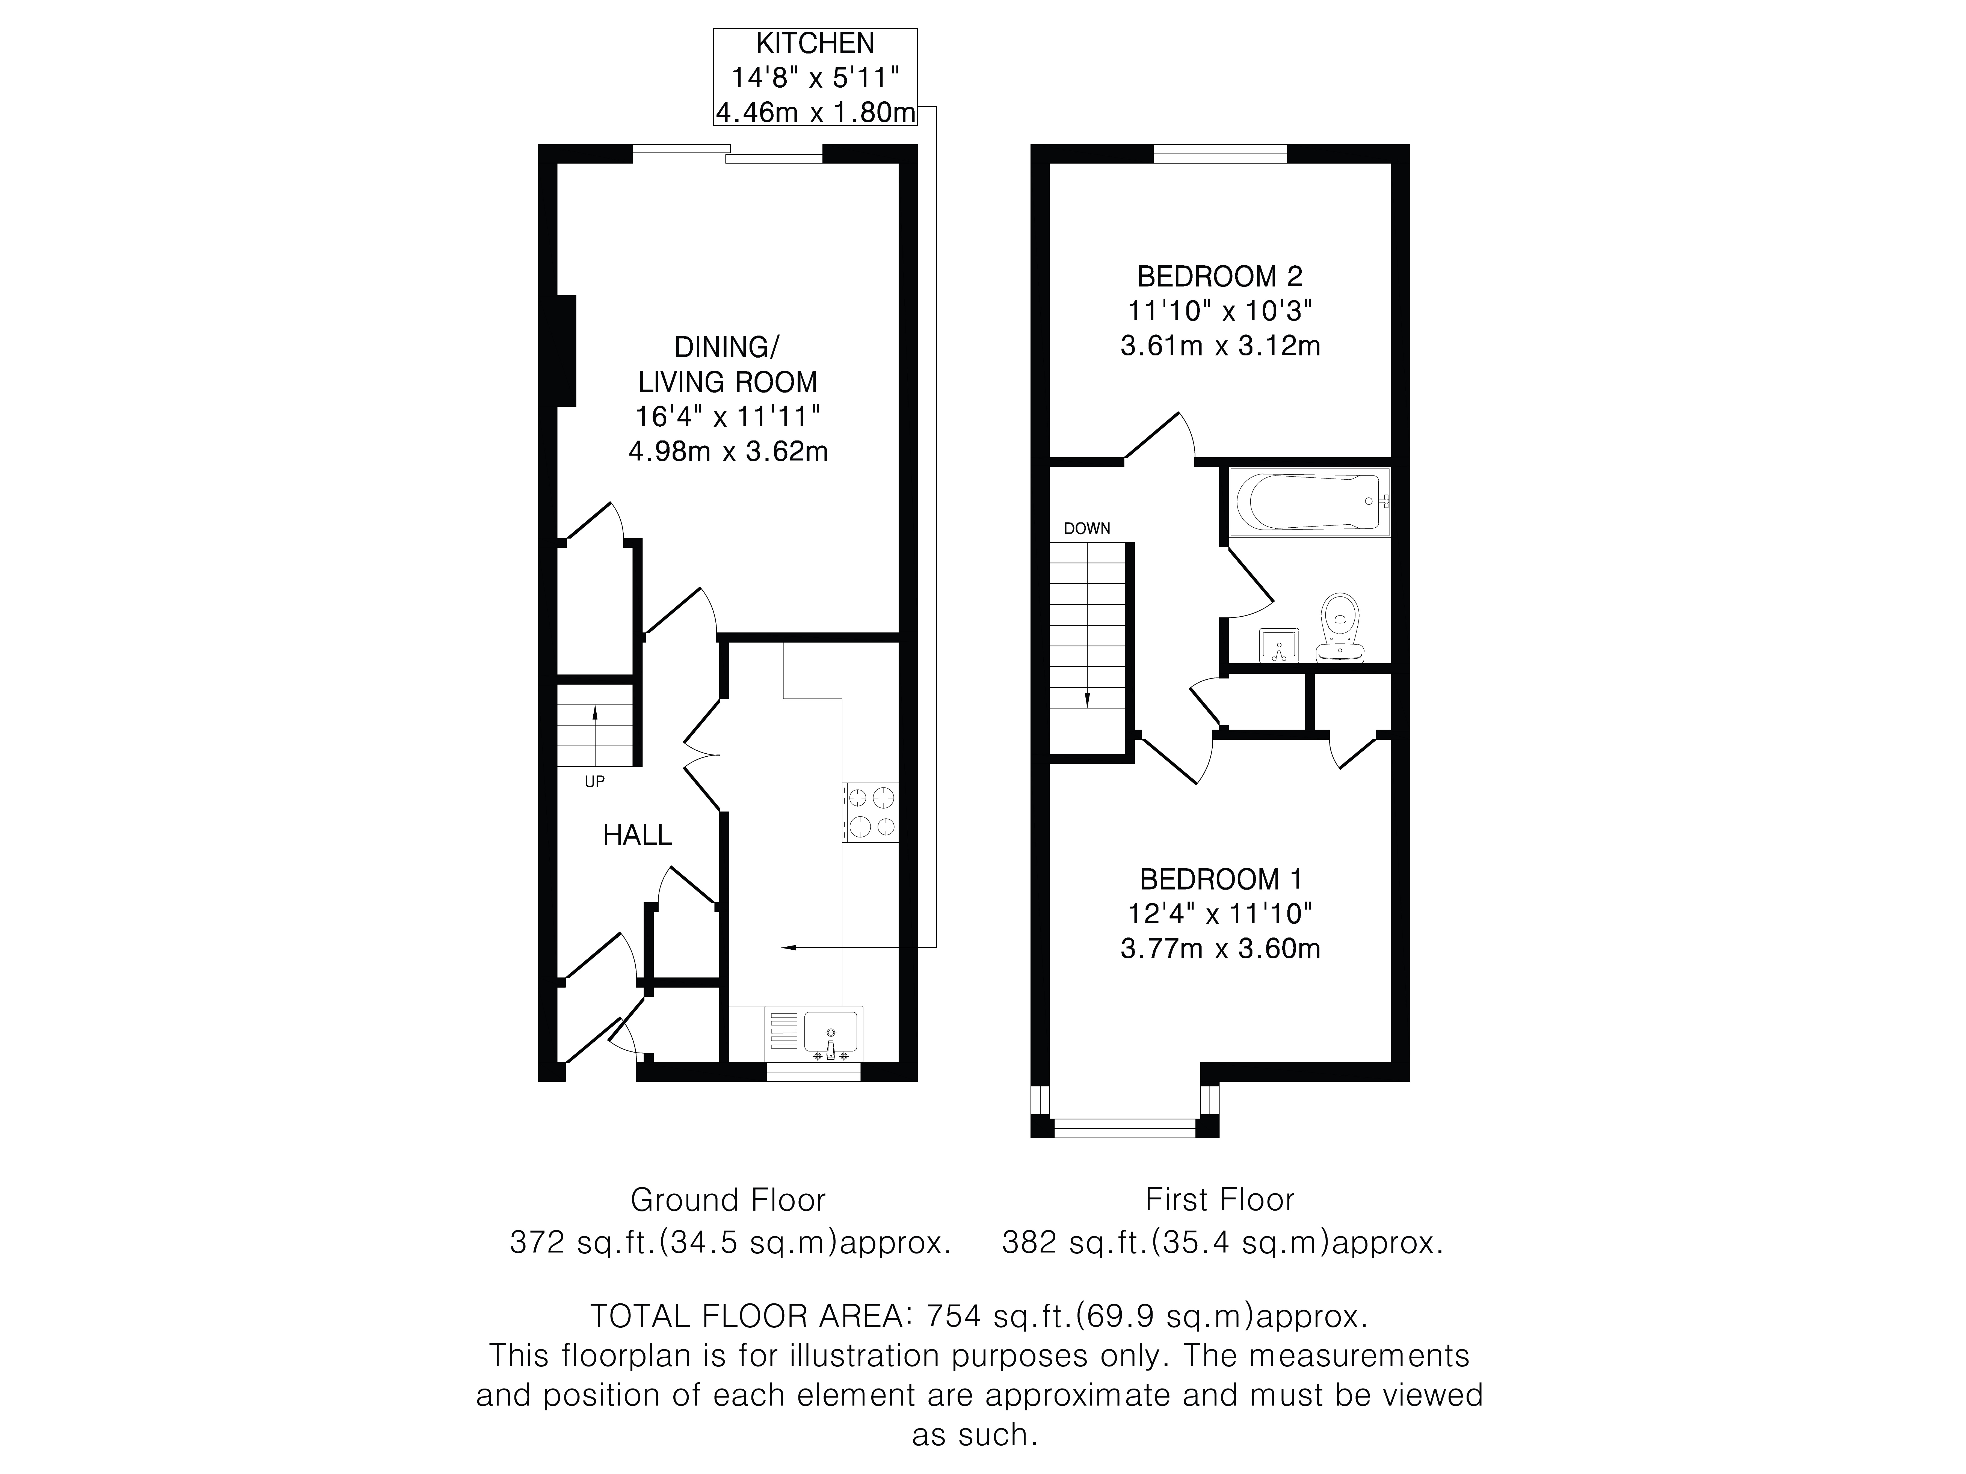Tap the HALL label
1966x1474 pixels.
[637, 835]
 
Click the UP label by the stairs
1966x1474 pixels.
[595, 782]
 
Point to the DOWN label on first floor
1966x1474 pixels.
[1087, 529]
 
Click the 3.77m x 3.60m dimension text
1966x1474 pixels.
[1220, 949]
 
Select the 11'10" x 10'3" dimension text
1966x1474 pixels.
[1220, 311]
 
